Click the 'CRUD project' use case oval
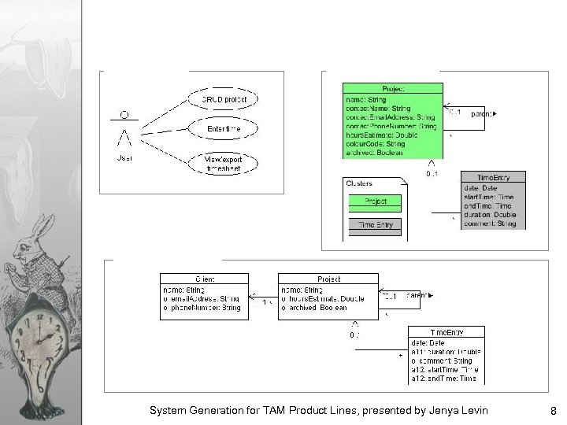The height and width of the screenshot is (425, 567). tap(224, 100)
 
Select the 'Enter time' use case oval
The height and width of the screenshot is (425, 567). tap(223, 128)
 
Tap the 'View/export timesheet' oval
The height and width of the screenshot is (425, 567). tap(223, 162)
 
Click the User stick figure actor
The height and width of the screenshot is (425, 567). tap(124, 134)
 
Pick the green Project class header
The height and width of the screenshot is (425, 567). tap(392, 89)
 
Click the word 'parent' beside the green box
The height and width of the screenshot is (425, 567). tap(482, 114)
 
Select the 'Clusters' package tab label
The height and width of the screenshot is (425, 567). tap(361, 183)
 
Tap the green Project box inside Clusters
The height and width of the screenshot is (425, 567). tap(375, 201)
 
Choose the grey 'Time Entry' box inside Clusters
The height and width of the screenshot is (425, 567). tap(375, 225)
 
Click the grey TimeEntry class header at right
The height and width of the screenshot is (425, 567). tap(493, 178)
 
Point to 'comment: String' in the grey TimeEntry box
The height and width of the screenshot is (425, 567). tap(491, 224)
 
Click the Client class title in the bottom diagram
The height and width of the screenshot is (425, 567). tap(204, 279)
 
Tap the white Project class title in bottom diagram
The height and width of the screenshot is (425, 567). tap(328, 279)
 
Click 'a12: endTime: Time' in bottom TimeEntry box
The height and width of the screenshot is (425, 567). tap(443, 379)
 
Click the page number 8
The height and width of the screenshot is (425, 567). tap(554, 410)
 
